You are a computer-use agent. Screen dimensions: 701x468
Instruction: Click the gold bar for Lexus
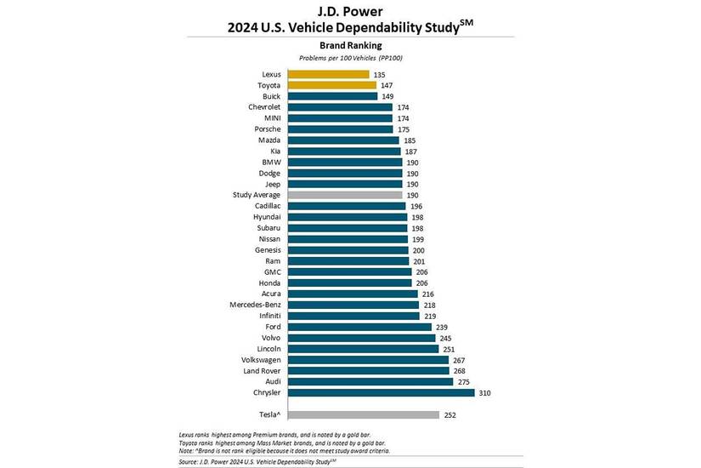pos(329,74)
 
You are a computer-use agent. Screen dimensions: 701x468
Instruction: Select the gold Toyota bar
pos(332,85)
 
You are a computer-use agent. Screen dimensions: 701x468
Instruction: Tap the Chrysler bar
pos(382,393)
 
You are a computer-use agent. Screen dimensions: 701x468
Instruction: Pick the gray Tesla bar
pos(364,414)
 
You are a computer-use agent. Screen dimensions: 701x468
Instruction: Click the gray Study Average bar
pos(345,195)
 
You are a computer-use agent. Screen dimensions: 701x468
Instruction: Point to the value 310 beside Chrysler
pos(484,393)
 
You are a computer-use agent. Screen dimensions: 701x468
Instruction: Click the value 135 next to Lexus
pos(379,75)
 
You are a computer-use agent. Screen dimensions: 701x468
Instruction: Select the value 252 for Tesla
pos(449,415)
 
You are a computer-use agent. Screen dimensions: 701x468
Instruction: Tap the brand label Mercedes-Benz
pos(255,305)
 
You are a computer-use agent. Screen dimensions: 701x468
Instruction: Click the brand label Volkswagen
pos(261,360)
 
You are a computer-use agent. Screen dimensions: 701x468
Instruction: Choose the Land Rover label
pos(262,371)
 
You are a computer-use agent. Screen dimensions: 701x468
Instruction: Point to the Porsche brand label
pos(268,129)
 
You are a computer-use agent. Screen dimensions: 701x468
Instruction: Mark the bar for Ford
pos(360,327)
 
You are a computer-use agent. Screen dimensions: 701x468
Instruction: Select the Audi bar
pos(370,381)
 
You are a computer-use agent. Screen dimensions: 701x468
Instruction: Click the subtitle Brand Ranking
pos(350,45)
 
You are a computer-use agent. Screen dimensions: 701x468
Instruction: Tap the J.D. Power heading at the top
pos(350,11)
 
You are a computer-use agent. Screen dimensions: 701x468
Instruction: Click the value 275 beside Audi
pos(464,382)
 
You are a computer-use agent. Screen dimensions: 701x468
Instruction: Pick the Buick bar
pos(332,96)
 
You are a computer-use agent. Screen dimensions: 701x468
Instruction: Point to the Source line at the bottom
pos(257,462)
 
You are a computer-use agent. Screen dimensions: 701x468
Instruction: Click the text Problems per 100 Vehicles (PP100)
pos(350,58)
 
